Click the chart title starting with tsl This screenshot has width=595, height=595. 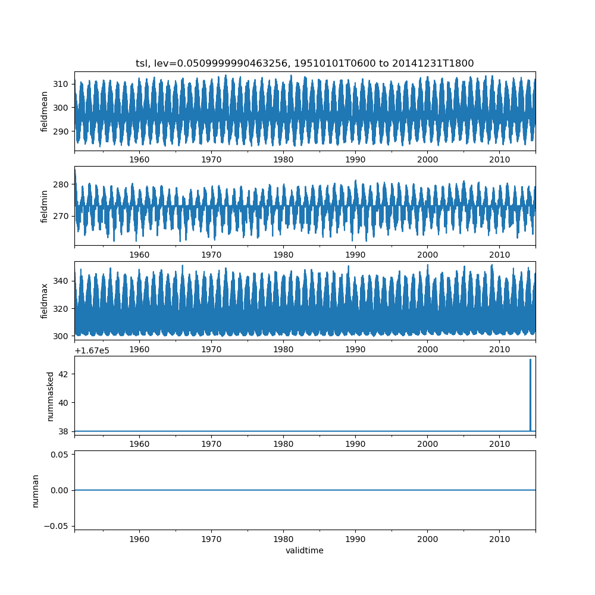tap(305, 64)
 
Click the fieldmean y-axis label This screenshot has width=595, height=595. tap(45, 112)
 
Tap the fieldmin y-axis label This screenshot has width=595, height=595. tap(45, 206)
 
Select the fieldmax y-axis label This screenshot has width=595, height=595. tap(45, 301)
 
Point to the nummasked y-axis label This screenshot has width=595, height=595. tap(51, 396)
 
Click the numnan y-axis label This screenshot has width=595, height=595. tap(35, 490)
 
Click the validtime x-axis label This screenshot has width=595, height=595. tap(305, 551)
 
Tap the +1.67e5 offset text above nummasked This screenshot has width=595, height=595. tap(92, 350)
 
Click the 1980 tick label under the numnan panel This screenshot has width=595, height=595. tap(283, 538)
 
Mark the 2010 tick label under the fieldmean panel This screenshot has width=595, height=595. tap(499, 160)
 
